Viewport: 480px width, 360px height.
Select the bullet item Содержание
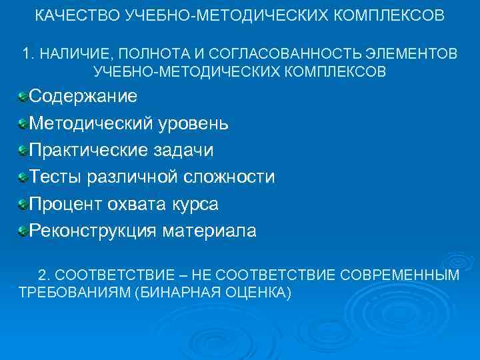[83, 96]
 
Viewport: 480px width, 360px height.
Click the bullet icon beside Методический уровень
[23, 123]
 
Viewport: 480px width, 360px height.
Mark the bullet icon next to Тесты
[23, 177]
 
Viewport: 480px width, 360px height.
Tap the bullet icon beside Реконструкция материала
[23, 231]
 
